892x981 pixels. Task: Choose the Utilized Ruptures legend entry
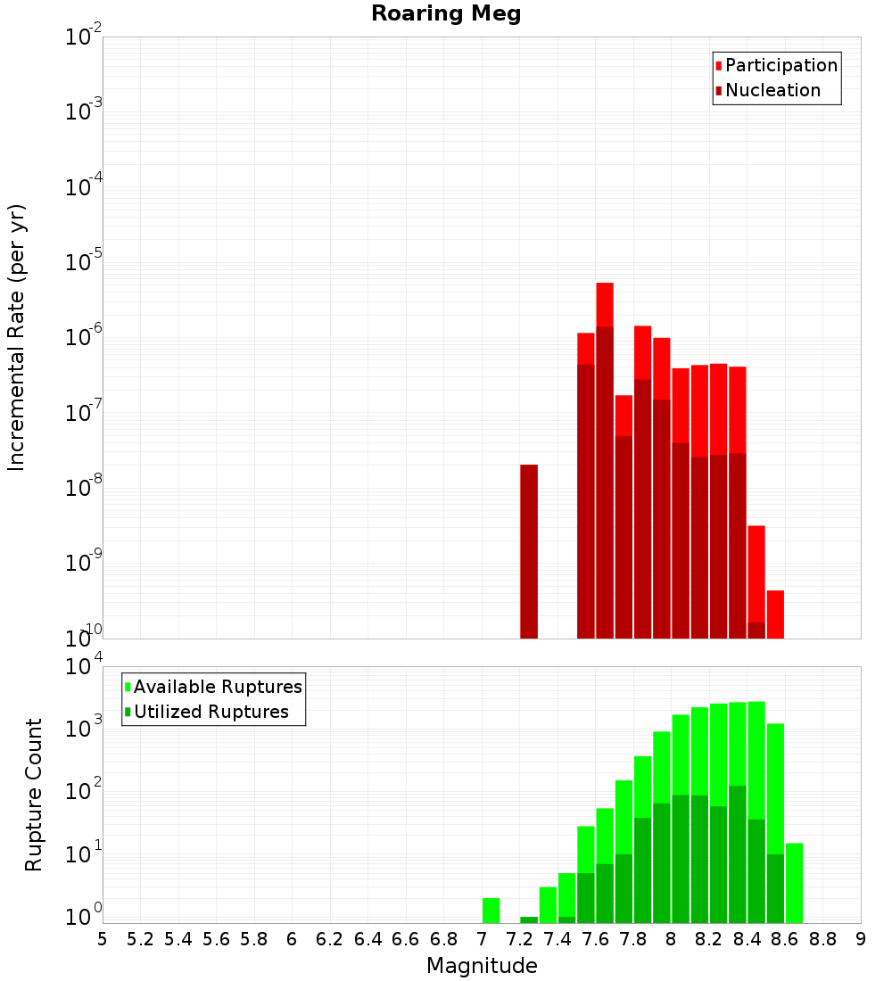point(211,712)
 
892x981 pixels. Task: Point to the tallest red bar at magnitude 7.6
point(605,304)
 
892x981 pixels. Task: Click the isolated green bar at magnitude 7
point(491,910)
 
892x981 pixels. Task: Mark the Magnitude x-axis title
point(482,966)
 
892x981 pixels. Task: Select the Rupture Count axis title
point(34,795)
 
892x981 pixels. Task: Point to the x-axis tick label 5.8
point(254,938)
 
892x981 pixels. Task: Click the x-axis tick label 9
point(861,938)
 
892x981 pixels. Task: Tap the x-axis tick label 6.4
point(368,938)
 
